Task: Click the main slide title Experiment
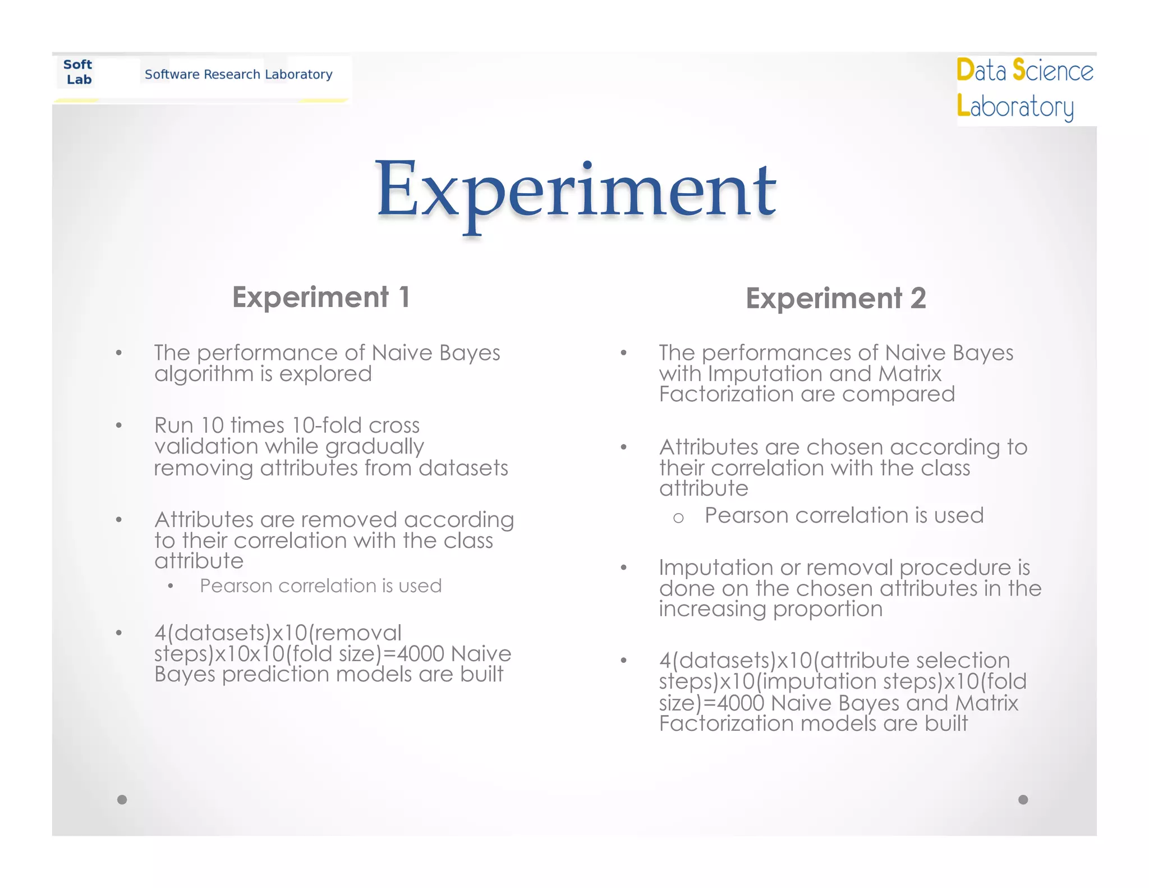click(x=576, y=191)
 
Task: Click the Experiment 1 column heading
click(x=321, y=297)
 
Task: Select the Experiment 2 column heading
click(x=835, y=298)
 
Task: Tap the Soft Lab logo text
click(x=78, y=72)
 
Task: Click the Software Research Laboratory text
click(x=238, y=74)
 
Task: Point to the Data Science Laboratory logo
click(x=1025, y=89)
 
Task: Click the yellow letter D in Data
click(x=965, y=70)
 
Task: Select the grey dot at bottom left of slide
click(x=122, y=799)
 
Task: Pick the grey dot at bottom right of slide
click(x=1023, y=799)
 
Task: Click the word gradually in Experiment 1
click(x=374, y=447)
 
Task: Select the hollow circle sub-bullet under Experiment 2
click(x=678, y=518)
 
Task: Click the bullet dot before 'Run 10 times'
click(x=118, y=425)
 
